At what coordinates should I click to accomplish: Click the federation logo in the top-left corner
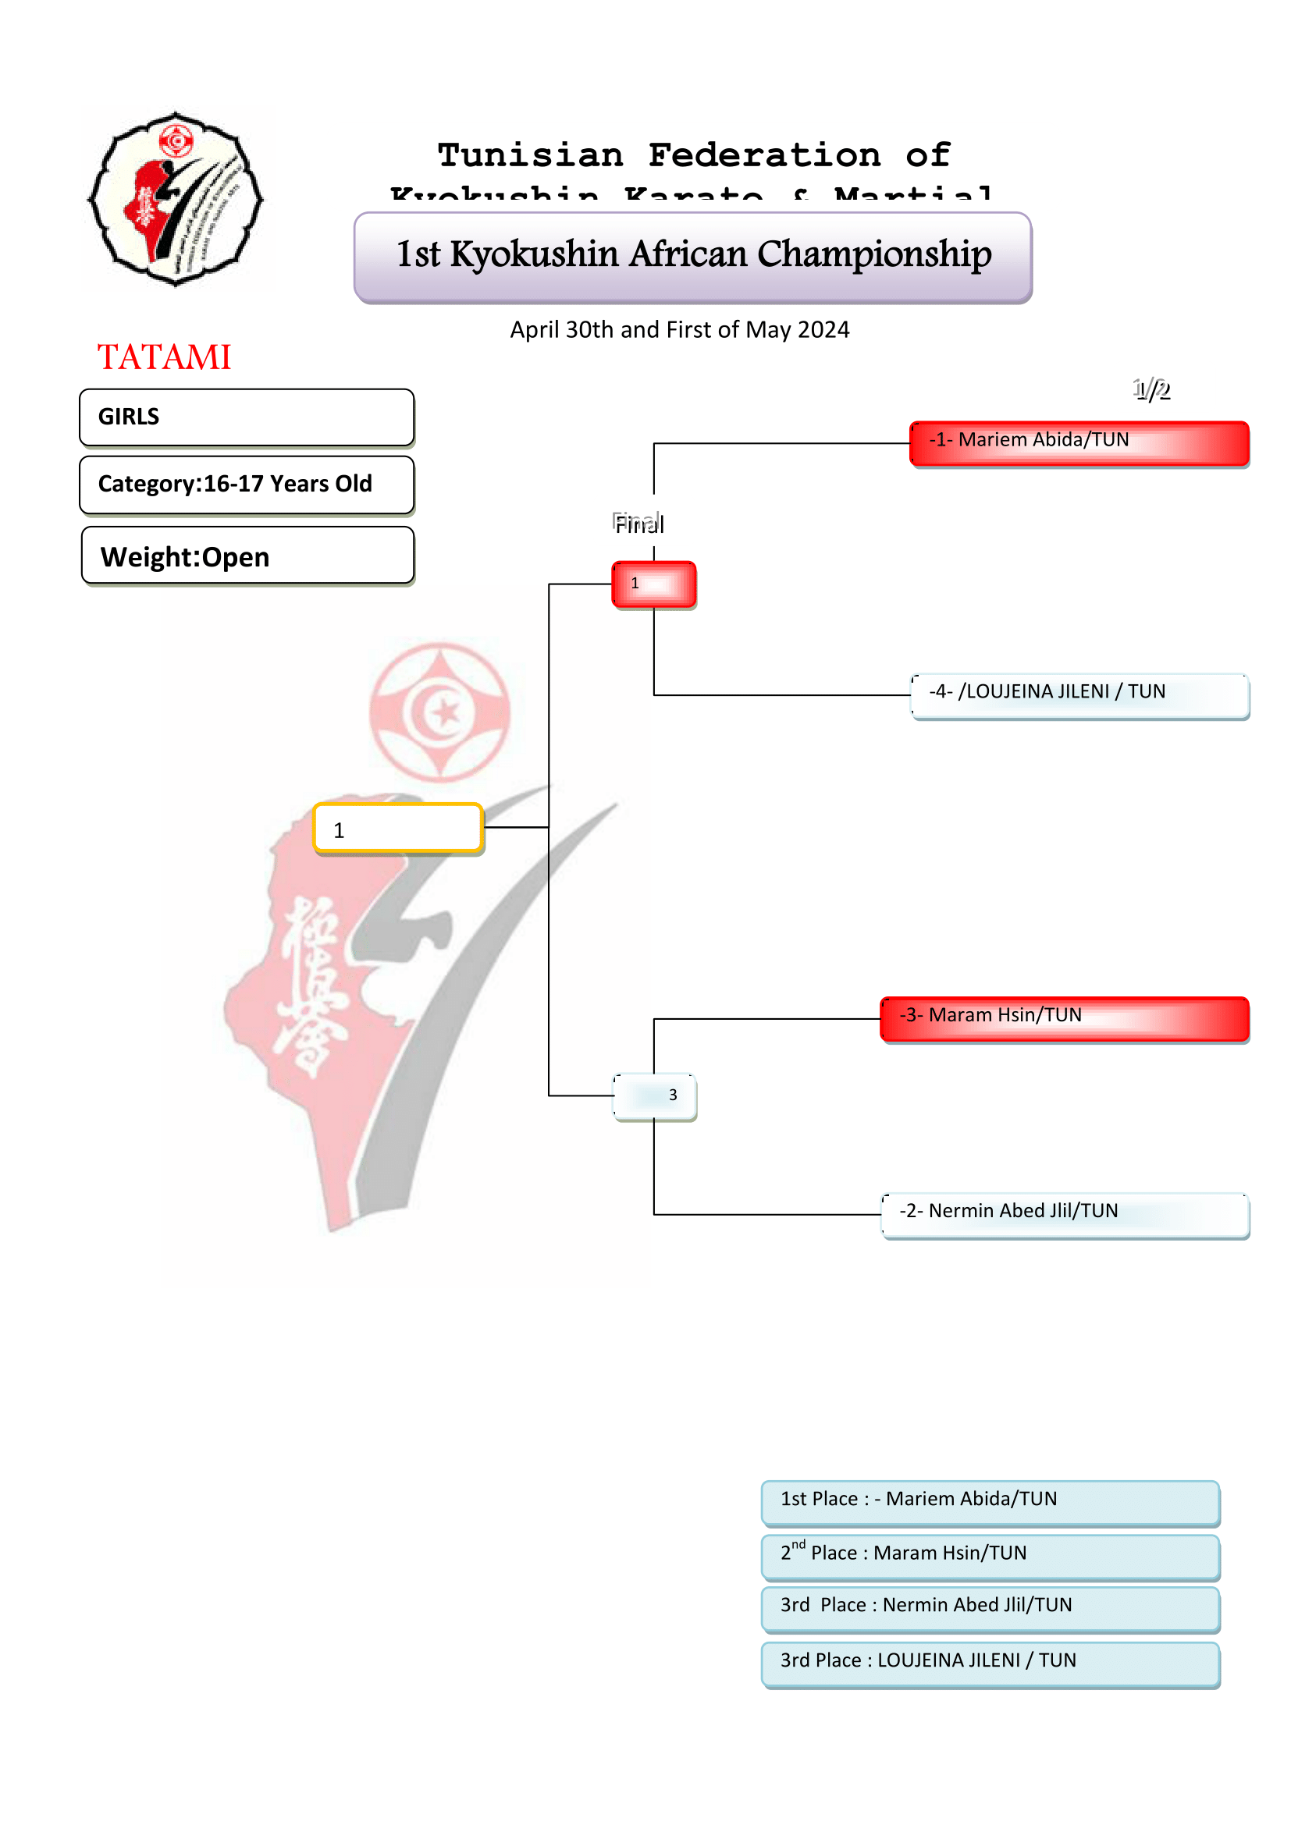point(176,199)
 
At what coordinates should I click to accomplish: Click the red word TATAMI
point(164,357)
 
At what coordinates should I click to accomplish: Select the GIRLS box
point(247,417)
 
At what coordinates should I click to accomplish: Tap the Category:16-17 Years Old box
point(247,484)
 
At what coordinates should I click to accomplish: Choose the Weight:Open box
point(247,556)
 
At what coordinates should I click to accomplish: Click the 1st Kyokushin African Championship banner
point(692,256)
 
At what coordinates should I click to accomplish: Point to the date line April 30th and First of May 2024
point(680,330)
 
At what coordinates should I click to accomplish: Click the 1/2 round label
point(1151,389)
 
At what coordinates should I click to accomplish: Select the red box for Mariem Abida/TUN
point(1079,442)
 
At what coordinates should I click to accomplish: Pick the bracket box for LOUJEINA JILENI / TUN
point(1079,695)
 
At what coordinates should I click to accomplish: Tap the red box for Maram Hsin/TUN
point(1065,1018)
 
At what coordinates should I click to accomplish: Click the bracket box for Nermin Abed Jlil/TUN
point(1065,1215)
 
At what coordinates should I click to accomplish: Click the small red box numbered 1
point(653,584)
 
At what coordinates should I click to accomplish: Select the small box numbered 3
point(654,1096)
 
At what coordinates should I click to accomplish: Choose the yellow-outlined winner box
point(398,829)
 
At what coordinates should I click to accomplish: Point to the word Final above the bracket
point(638,524)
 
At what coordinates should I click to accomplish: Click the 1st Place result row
point(990,1501)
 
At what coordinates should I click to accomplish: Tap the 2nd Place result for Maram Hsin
point(990,1556)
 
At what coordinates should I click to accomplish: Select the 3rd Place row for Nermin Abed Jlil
point(990,1608)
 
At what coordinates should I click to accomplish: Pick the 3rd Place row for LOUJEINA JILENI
point(990,1663)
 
